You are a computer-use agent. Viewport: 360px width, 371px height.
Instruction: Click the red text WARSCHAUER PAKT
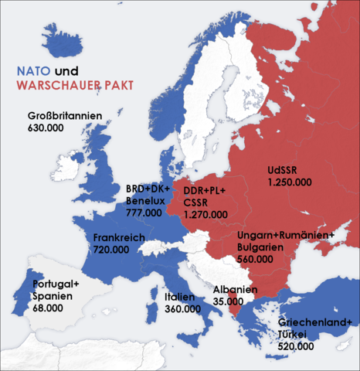pos(74,89)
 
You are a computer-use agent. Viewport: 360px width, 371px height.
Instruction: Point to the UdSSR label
pos(283,169)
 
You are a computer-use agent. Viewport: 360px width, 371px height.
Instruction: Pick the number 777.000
pos(144,212)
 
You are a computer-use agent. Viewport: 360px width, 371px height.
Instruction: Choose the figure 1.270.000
pos(205,214)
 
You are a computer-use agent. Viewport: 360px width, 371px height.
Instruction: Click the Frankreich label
pos(119,238)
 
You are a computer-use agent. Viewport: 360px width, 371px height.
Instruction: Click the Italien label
pos(182,297)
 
